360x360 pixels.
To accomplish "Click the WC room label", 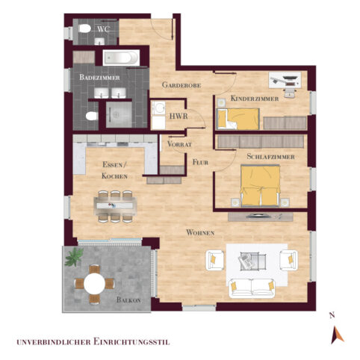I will click(105, 29).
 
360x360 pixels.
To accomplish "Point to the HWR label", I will click(179, 117).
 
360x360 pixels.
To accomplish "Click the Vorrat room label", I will click(181, 143).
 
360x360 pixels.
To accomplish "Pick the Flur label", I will click(200, 161).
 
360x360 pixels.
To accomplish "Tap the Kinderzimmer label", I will click(255, 99).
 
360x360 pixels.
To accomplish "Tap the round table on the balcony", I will click(95, 284).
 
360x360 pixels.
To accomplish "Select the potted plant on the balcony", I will click(74, 258).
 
